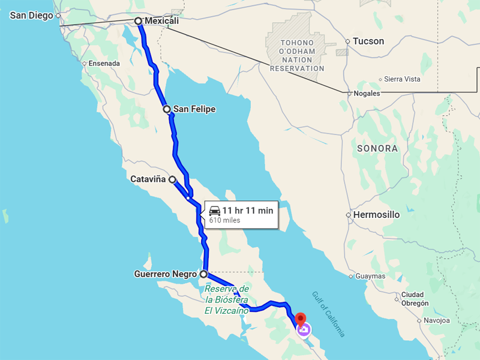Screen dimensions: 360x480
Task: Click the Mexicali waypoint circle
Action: coord(139,21)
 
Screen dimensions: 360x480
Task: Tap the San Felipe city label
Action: coord(194,109)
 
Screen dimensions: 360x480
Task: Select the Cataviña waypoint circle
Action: coord(172,179)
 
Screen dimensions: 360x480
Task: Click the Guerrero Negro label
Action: coord(166,274)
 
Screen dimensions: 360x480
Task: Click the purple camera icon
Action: coord(304,329)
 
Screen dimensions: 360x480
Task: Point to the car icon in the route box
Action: coord(215,211)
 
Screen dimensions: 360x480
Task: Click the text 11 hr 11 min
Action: coord(248,210)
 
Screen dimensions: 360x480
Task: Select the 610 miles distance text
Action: coord(224,221)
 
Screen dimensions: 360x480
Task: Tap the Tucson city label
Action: coord(368,41)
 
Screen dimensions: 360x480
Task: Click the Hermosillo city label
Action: coord(376,214)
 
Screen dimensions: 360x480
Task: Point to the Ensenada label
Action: coord(104,64)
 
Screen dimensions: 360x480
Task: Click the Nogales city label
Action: coord(367,94)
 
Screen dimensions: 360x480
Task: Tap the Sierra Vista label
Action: coord(402,79)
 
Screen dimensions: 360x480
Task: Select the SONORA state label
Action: coord(377,148)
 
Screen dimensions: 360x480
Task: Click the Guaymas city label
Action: coord(370,276)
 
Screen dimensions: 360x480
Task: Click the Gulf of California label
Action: coord(328,314)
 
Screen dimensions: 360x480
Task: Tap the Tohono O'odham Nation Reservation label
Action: coord(297,56)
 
